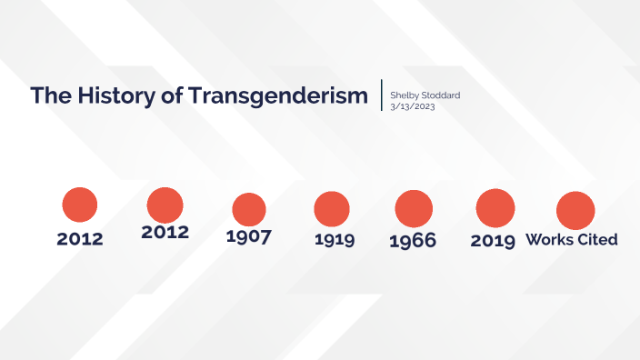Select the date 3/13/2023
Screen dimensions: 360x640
[x=411, y=105]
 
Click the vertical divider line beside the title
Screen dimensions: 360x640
[x=382, y=95]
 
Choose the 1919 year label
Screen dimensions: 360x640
[x=334, y=240]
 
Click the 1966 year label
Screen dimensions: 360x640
[x=412, y=241]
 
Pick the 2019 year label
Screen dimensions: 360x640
[x=494, y=241]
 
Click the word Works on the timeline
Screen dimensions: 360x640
[x=549, y=240]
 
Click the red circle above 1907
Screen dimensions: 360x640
[x=249, y=209]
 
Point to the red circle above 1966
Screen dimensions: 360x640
[x=414, y=208]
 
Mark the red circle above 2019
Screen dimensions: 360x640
[x=495, y=207]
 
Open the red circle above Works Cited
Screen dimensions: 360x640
[x=575, y=210]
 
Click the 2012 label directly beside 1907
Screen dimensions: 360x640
[x=165, y=232]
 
